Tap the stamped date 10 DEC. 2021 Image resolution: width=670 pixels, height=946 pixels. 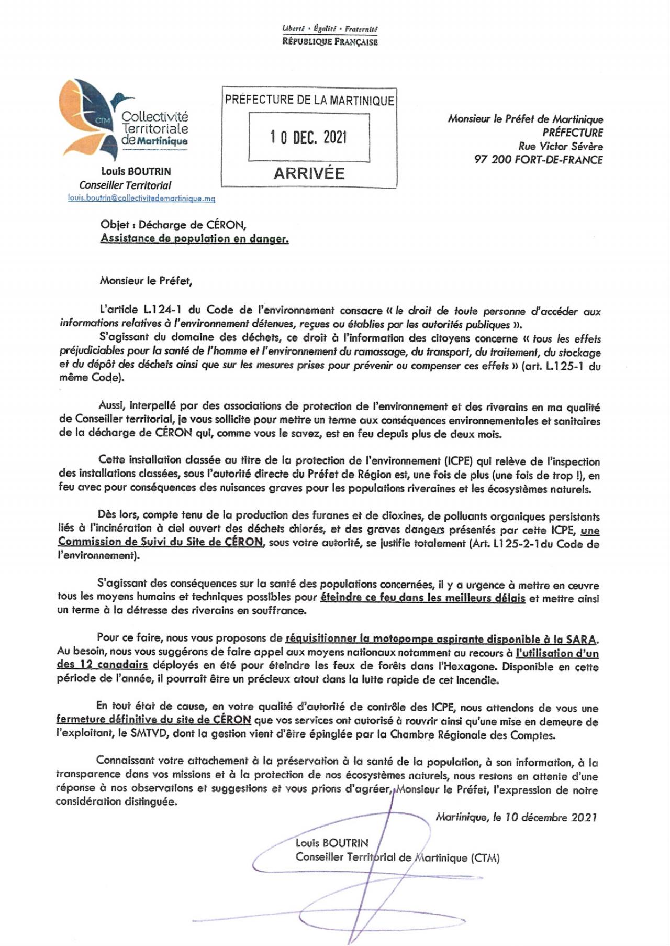[x=308, y=138]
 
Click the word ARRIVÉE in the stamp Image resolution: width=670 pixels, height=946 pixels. [x=309, y=173]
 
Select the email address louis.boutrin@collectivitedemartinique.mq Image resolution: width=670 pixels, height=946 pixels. [x=141, y=199]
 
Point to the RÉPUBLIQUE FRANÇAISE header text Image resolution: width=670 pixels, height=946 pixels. [x=330, y=41]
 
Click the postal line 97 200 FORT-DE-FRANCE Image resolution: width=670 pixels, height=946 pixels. [x=538, y=160]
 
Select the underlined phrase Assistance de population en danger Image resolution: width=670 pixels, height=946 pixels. [x=194, y=239]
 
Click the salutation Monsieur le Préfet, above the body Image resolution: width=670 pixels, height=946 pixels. [x=146, y=281]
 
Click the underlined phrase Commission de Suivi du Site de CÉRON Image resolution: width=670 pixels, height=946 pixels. [x=160, y=542]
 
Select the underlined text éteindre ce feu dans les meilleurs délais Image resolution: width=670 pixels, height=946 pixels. [x=422, y=598]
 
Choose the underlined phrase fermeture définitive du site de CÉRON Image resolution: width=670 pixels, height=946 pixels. [x=154, y=720]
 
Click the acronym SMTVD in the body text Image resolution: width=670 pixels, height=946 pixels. [x=149, y=734]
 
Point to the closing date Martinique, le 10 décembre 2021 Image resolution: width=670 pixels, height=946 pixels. [x=516, y=817]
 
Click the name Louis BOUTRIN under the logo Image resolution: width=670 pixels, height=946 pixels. [x=136, y=171]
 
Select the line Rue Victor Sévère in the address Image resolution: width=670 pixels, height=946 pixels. [x=560, y=146]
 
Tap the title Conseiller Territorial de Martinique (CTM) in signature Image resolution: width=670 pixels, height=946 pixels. [x=397, y=857]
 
